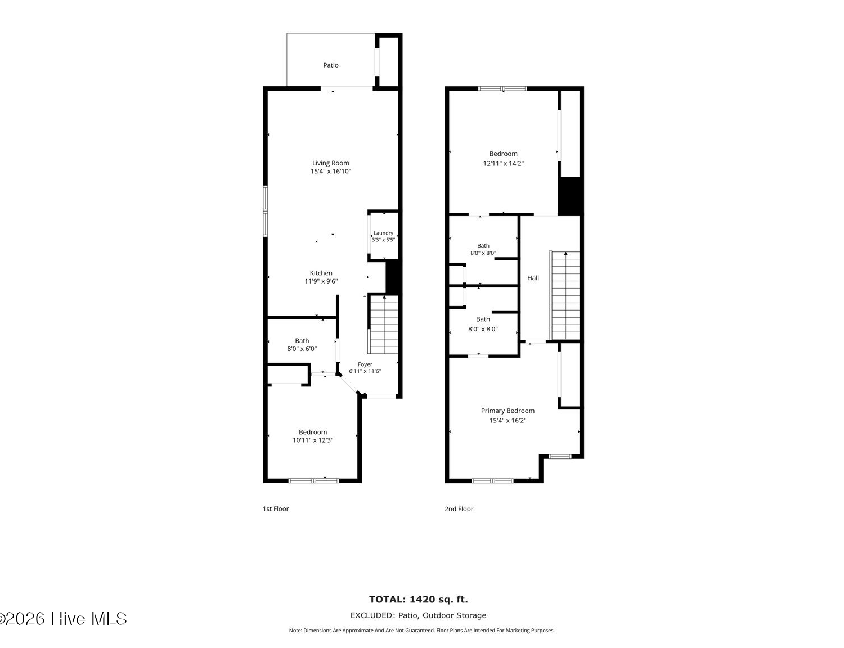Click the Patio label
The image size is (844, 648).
pos(330,65)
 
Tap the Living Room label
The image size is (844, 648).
pos(330,163)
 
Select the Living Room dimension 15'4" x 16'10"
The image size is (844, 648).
pos(330,171)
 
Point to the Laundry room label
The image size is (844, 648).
pos(383,233)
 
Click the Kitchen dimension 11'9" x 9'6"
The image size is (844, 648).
pos(321,281)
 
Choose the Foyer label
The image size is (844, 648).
pos(365,364)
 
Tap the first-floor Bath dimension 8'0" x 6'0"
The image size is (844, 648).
pos(302,349)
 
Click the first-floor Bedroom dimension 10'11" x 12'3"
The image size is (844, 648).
pos(313,440)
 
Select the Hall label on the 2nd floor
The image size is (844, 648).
pos(533,278)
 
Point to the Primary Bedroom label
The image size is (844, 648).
pos(508,411)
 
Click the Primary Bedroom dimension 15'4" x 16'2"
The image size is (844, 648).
pos(508,420)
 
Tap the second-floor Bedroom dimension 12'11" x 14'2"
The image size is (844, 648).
pos(503,164)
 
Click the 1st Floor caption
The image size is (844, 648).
pos(275,508)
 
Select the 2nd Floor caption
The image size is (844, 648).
pos(459,508)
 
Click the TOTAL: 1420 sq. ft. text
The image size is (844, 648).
pos(418,599)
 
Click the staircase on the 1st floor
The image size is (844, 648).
pos(383,325)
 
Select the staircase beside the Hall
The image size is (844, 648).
pos(564,296)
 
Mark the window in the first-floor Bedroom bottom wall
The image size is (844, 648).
pos(313,481)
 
